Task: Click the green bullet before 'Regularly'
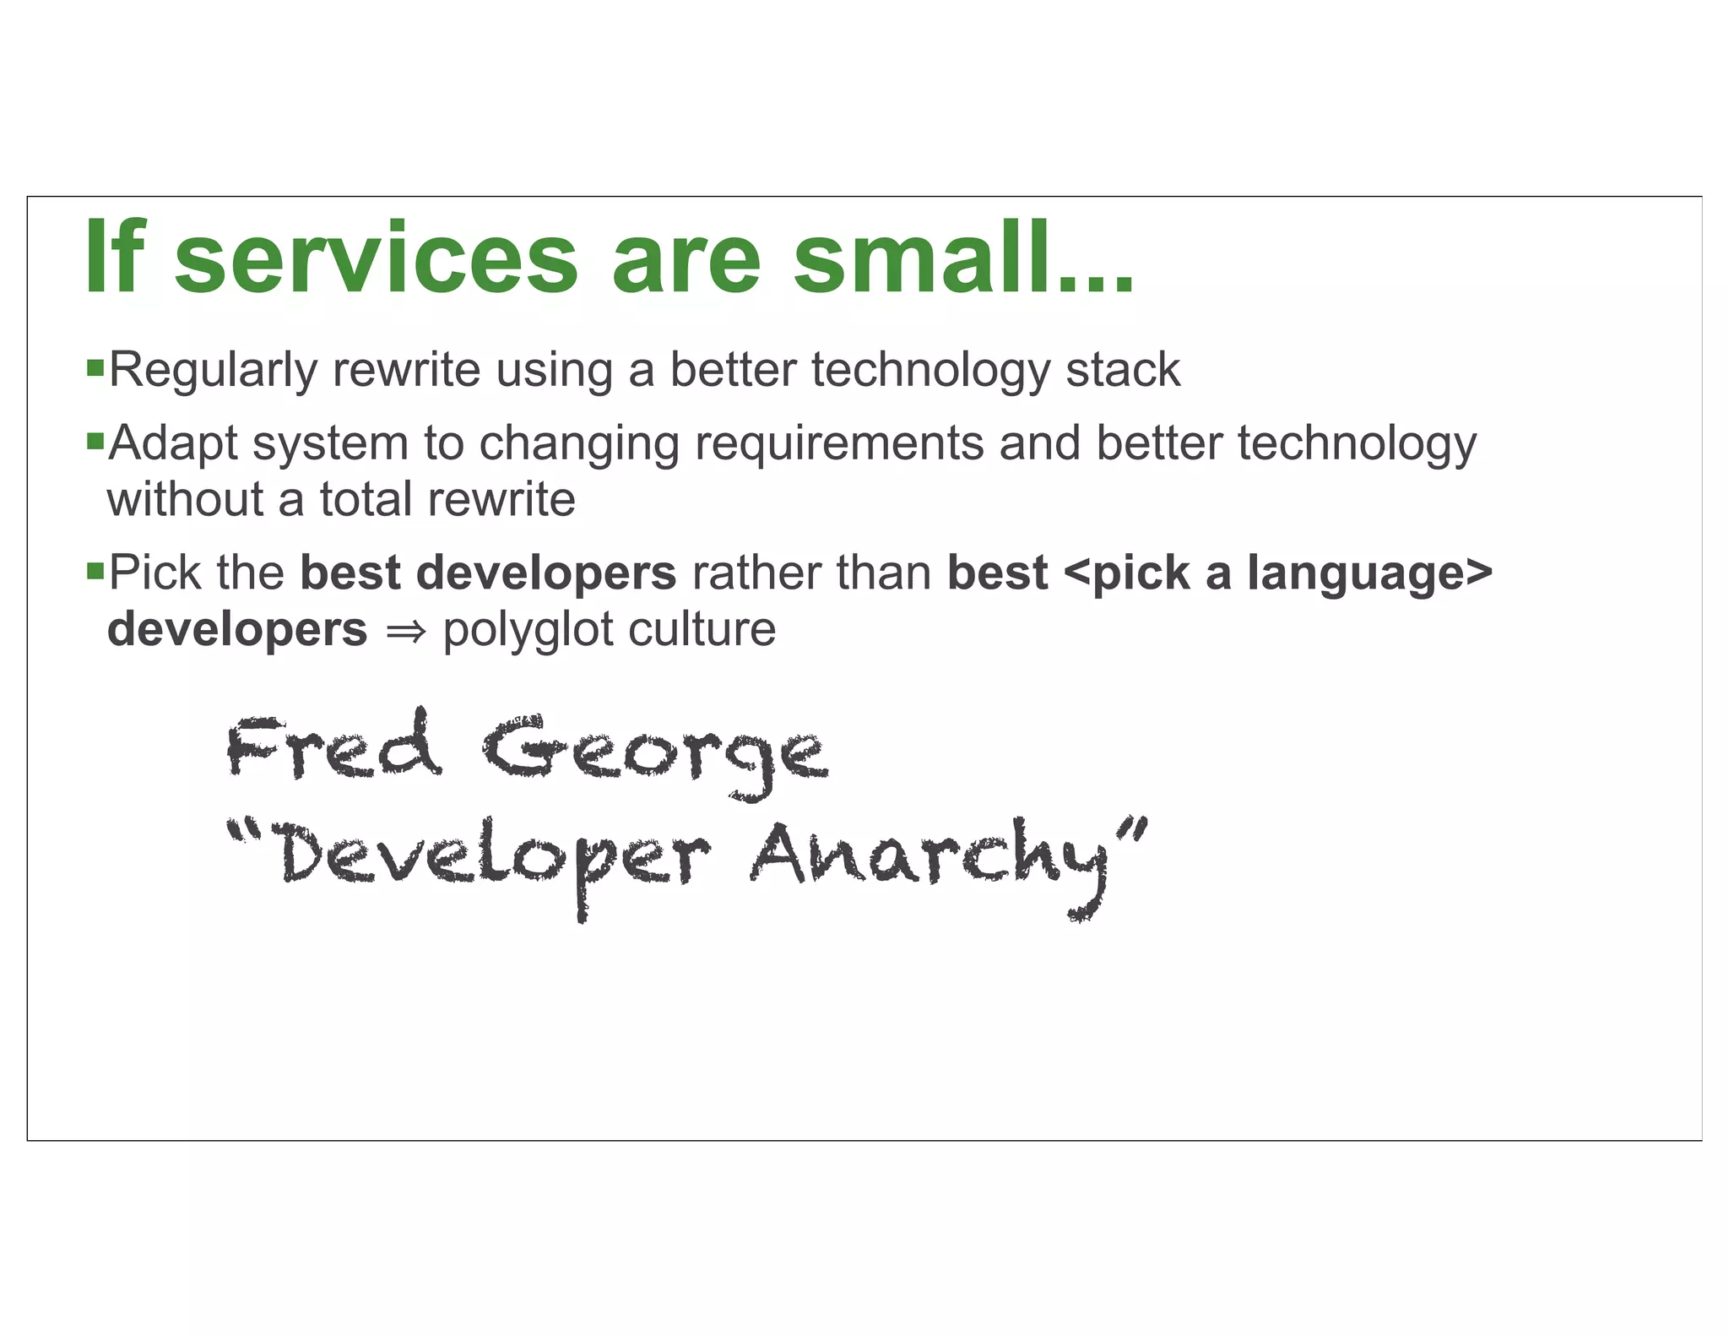point(95,368)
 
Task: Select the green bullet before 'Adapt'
point(95,441)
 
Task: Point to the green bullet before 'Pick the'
point(95,571)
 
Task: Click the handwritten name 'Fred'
point(333,747)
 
